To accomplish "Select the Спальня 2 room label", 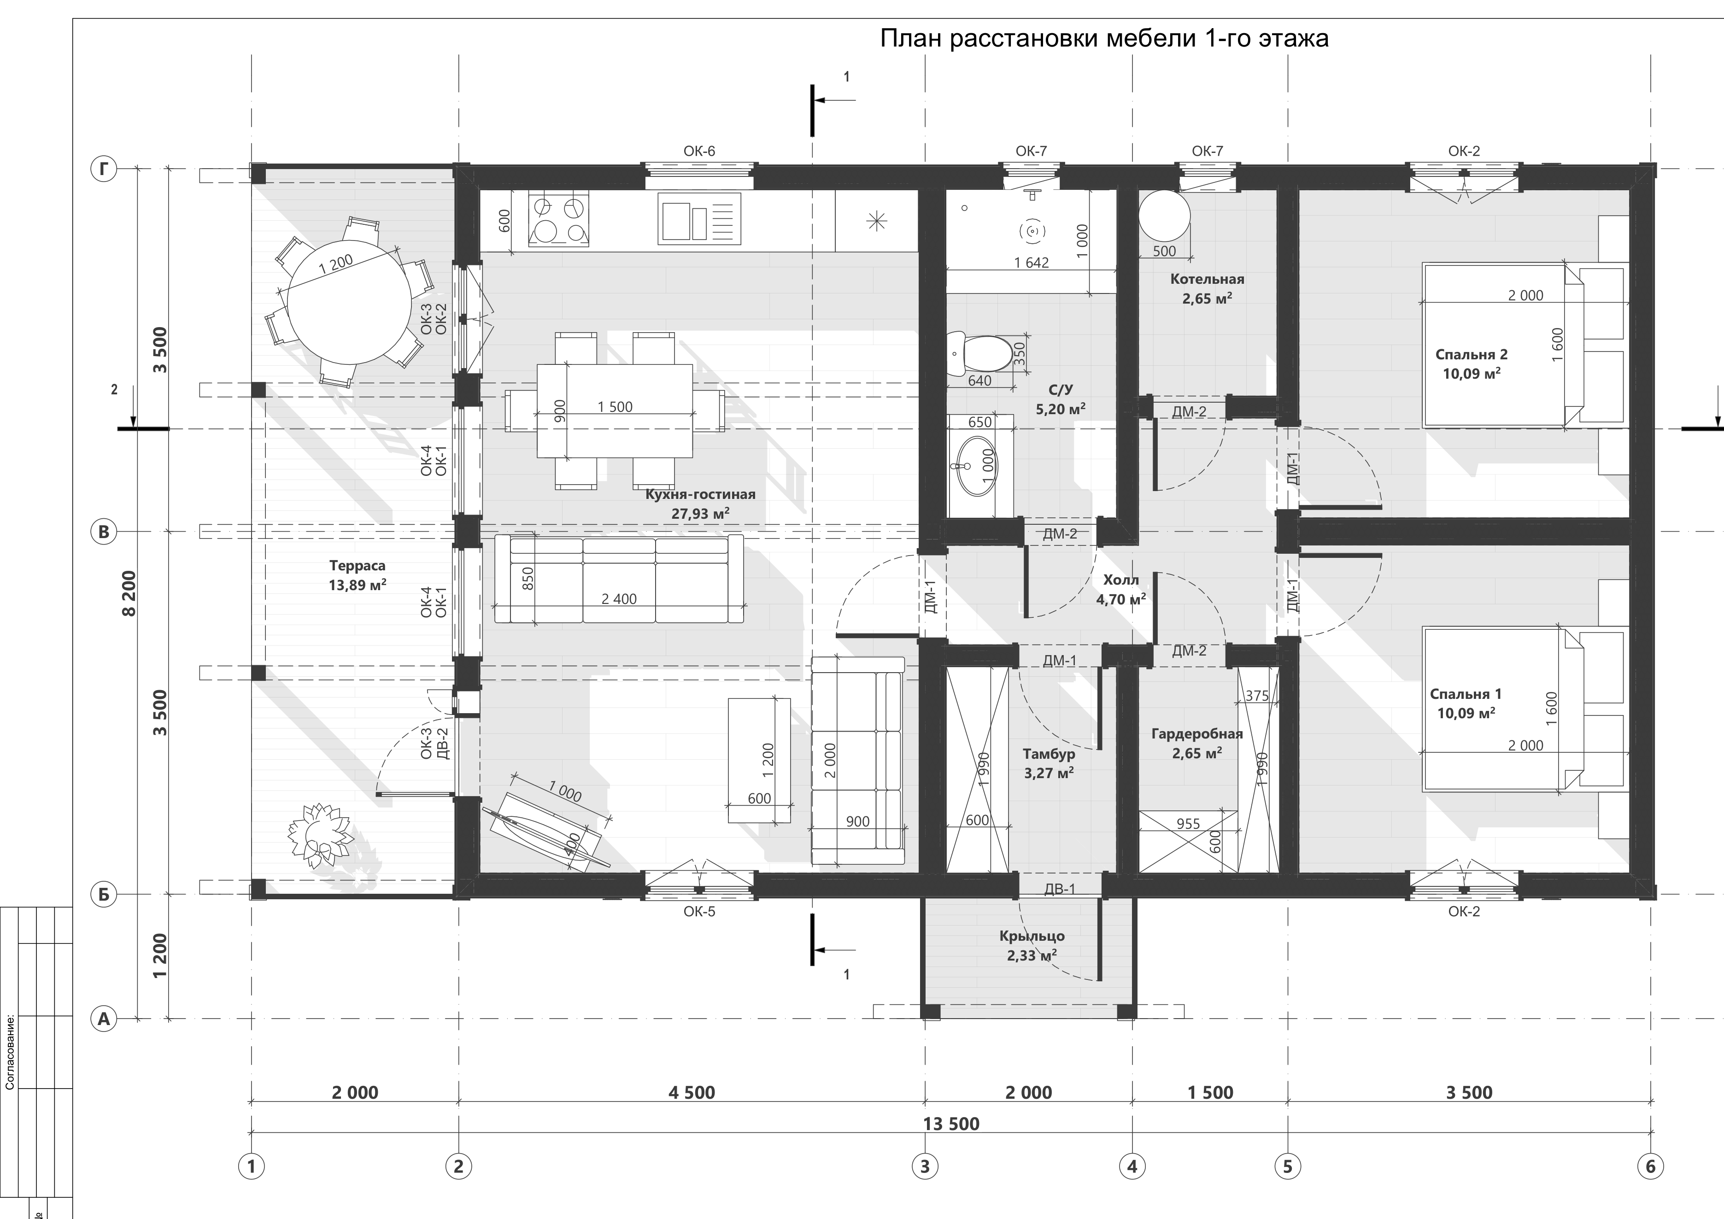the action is [x=1471, y=355].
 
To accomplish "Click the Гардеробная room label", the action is [x=1197, y=734].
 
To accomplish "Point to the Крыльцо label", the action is [x=1032, y=936].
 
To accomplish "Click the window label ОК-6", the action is [x=699, y=151].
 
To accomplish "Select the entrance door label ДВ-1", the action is [x=1060, y=890].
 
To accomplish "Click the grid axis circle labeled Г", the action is [x=105, y=170].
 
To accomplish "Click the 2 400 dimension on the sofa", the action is [x=619, y=599].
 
